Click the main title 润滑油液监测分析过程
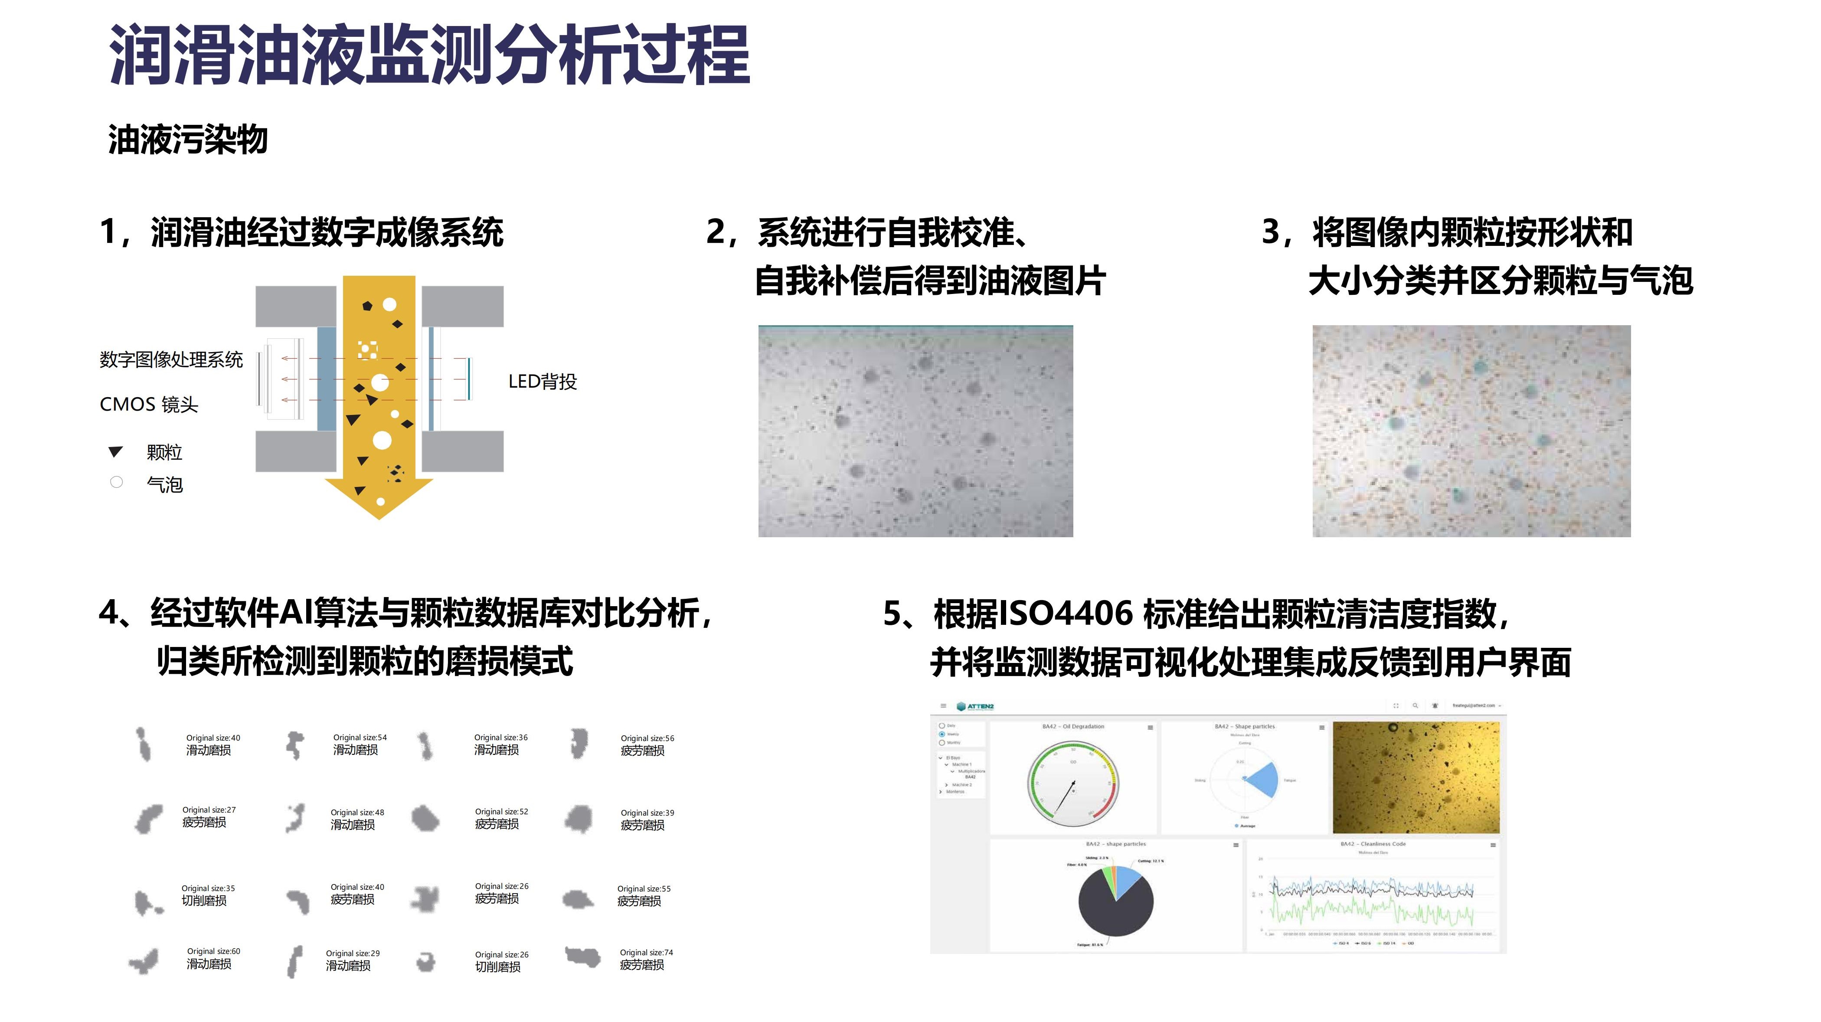(429, 55)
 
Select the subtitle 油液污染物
(187, 139)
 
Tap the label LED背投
(542, 382)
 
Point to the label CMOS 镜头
(148, 404)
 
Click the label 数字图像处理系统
(171, 360)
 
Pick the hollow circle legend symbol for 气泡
(117, 482)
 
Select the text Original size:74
(646, 952)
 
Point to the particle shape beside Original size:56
(578, 744)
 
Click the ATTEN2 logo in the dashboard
(975, 706)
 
